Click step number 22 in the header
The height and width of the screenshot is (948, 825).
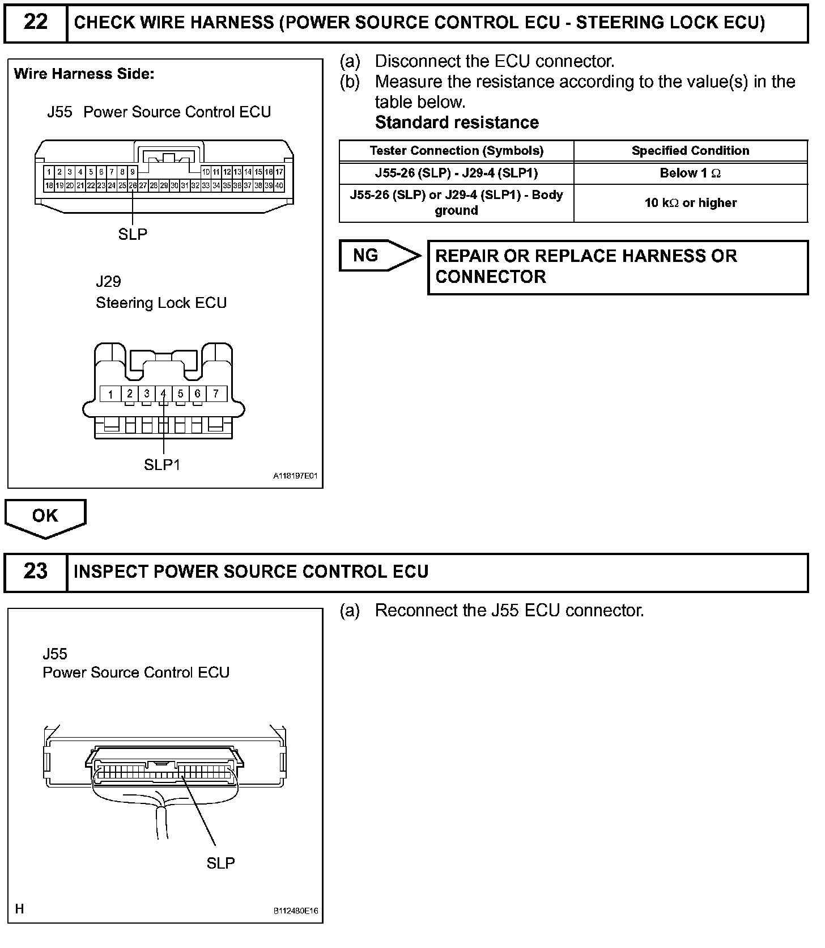pyautogui.click(x=35, y=23)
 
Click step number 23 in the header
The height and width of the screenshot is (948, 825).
pyautogui.click(x=35, y=571)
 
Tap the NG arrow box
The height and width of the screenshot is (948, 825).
pyautogui.click(x=377, y=255)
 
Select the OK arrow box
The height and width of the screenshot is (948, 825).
pyautogui.click(x=45, y=515)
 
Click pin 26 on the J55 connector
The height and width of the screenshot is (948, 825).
pyautogui.click(x=133, y=185)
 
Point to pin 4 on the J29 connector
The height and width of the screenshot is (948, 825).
pyautogui.click(x=163, y=393)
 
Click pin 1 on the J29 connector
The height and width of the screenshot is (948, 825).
pyautogui.click(x=111, y=393)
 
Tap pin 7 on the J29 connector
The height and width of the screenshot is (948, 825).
pyautogui.click(x=216, y=393)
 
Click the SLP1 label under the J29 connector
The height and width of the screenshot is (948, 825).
pyautogui.click(x=162, y=465)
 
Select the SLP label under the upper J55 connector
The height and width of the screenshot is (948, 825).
pyautogui.click(x=133, y=234)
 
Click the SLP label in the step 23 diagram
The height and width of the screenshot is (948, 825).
pyautogui.click(x=220, y=863)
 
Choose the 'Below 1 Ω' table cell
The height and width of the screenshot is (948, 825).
pyautogui.click(x=690, y=173)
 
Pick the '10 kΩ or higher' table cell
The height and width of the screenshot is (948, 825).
pyautogui.click(x=690, y=203)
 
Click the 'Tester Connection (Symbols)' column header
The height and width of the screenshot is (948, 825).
pyautogui.click(x=456, y=151)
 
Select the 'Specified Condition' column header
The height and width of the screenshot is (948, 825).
pyautogui.click(x=690, y=151)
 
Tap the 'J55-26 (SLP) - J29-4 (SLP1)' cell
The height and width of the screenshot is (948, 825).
pyautogui.click(x=456, y=173)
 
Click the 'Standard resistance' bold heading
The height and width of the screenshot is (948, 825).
pyautogui.click(x=457, y=122)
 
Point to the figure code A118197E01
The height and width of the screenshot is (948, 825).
pyautogui.click(x=296, y=477)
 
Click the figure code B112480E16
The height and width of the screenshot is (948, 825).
pyautogui.click(x=296, y=911)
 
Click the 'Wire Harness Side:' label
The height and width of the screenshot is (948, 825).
pyautogui.click(x=84, y=74)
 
